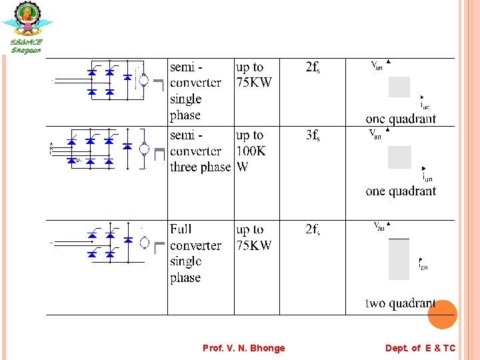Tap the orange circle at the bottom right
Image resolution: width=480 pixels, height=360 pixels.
pos(442,315)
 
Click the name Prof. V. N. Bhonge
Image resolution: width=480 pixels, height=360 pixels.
pos(243,348)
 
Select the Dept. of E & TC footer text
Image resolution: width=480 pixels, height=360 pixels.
pos(420,348)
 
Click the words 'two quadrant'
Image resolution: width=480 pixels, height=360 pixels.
pos(400,303)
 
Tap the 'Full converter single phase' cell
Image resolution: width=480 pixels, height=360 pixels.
pos(195,253)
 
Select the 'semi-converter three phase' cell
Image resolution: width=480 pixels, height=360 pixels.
pos(199,151)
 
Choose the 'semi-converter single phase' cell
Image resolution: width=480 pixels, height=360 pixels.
pos(195,91)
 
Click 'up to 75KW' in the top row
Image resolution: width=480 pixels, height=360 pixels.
pos(254,75)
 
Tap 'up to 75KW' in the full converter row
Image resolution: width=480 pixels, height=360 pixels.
pos(254,237)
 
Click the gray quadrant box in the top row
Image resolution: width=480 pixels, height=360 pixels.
pos(399,87)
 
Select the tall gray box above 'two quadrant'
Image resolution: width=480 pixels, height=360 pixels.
pos(399,259)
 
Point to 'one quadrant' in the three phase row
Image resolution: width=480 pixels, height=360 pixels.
pos(401,191)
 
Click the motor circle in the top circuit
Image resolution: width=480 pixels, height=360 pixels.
pos(143,80)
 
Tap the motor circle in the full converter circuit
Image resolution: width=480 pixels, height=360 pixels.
pos(144,243)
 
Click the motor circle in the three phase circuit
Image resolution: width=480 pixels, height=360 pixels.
pos(144,149)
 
